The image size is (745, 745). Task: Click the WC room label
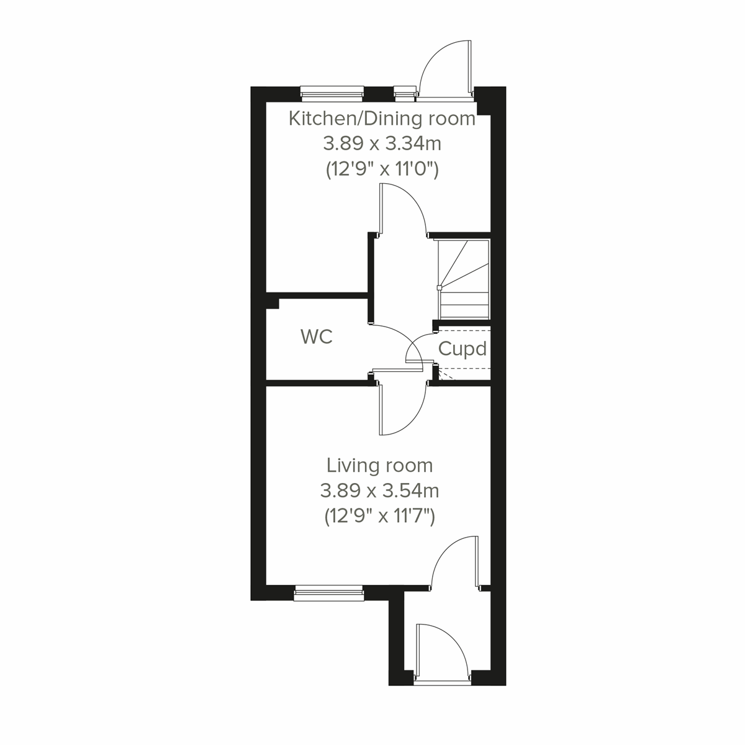tap(317, 337)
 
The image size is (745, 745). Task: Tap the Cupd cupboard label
tap(462, 349)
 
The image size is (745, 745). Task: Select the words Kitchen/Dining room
tap(382, 118)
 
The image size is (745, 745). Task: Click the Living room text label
tap(380, 465)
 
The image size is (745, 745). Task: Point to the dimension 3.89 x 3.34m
tap(382, 144)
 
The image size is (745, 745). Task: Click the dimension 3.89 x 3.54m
tap(380, 491)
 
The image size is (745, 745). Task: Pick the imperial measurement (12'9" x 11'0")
tap(382, 170)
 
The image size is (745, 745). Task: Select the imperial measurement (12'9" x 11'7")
tap(380, 517)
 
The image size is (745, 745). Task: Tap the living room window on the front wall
tap(328, 593)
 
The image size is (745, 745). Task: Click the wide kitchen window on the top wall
tap(332, 93)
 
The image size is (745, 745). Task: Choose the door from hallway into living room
tap(400, 410)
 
